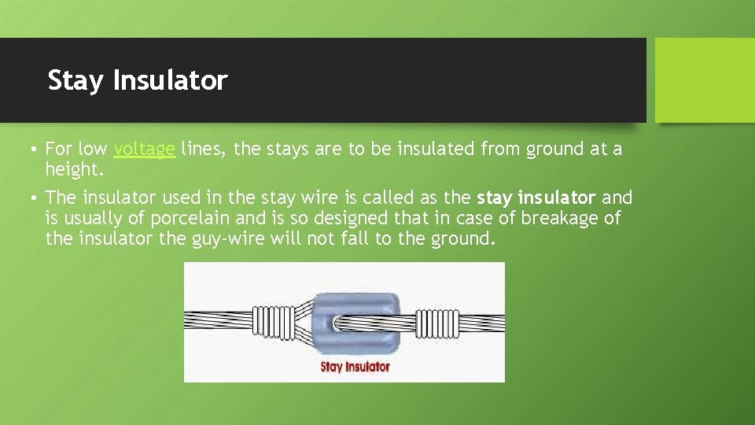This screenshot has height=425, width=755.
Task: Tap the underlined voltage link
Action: [144, 149]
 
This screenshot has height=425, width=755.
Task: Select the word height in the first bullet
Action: [75, 169]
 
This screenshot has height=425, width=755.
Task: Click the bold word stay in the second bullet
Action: [494, 198]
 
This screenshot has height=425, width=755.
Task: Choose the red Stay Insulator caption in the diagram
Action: [355, 366]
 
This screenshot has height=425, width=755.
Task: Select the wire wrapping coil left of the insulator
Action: [272, 322]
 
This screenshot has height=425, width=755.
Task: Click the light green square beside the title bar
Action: [705, 80]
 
